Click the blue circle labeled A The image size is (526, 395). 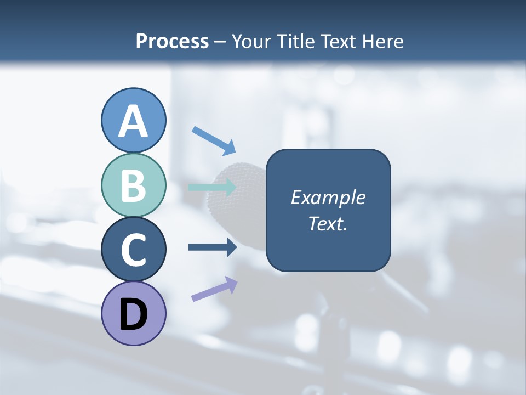point(133,120)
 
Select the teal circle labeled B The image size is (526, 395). point(133,185)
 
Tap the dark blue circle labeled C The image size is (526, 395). point(133,249)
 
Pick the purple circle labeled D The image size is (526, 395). point(133,313)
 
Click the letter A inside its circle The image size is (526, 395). point(133,121)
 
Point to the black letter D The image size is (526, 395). point(133,314)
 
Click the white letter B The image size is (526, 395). point(133,186)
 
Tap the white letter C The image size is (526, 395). point(133,250)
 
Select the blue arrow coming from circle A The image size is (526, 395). point(214,140)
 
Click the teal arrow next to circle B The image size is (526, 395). point(212,188)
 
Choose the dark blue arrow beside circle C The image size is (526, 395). point(212,247)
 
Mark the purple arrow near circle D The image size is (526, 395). point(214,289)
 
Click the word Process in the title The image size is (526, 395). point(172,41)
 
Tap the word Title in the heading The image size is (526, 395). point(296,41)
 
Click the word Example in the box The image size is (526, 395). point(328,198)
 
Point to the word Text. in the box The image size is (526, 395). point(328,223)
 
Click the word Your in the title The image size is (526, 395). point(251,41)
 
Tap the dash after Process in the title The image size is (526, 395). point(220,42)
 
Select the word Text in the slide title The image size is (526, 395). point(339,41)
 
